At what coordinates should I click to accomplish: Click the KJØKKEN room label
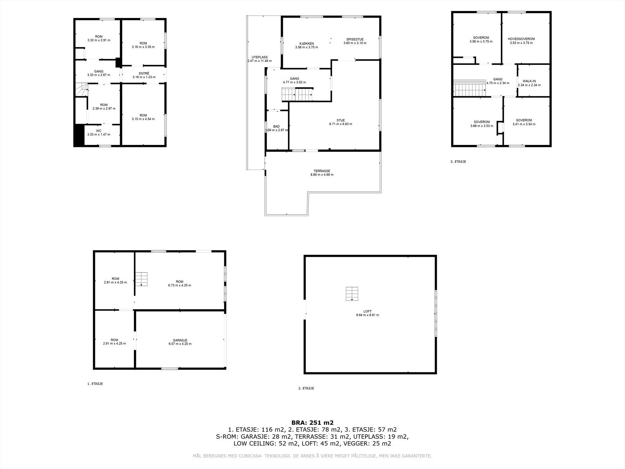(x=307, y=43)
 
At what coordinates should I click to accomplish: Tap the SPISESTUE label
(x=355, y=39)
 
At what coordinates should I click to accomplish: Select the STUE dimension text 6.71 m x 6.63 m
(x=340, y=124)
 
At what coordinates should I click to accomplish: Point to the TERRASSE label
(x=321, y=171)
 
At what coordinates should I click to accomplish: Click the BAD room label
(x=276, y=126)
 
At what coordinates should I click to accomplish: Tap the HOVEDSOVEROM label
(x=521, y=39)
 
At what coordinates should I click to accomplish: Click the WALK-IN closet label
(x=529, y=81)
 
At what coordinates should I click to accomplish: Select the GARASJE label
(x=180, y=340)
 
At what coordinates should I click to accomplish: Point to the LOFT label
(x=367, y=311)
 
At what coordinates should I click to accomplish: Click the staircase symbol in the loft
(x=352, y=294)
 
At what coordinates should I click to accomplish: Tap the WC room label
(x=98, y=131)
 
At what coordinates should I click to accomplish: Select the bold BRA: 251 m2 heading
(x=312, y=422)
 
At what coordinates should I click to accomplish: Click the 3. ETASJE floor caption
(x=458, y=161)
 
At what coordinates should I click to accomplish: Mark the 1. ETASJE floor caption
(x=95, y=384)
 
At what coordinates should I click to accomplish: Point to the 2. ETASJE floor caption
(x=306, y=388)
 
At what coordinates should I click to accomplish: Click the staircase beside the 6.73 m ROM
(x=142, y=279)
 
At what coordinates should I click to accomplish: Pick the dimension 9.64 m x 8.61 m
(x=367, y=315)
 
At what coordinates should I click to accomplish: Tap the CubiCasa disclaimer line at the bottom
(x=312, y=456)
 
